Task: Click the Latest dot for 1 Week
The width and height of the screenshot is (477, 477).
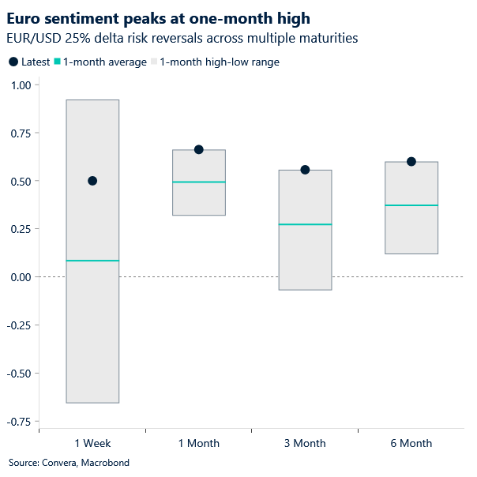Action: [92, 181]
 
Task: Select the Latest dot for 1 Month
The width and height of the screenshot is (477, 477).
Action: [199, 149]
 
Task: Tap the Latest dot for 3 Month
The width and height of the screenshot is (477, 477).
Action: [305, 170]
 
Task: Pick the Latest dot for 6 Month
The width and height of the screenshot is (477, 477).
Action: [411, 162]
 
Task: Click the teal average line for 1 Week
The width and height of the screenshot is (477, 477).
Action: [92, 261]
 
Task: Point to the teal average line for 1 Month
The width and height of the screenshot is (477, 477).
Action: [199, 182]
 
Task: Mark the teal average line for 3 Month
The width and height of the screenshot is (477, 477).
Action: [305, 224]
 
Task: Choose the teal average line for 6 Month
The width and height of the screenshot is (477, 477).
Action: [411, 205]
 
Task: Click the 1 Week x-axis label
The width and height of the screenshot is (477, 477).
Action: [92, 444]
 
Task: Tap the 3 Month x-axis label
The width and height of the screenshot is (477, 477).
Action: [305, 444]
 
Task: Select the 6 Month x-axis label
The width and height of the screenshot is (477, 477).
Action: [411, 444]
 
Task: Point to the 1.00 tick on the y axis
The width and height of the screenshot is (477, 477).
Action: [19, 85]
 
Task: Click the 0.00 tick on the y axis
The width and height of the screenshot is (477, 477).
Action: [19, 277]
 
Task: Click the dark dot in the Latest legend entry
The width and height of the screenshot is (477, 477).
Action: [13, 62]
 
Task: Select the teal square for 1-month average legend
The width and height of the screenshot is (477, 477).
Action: [58, 62]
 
